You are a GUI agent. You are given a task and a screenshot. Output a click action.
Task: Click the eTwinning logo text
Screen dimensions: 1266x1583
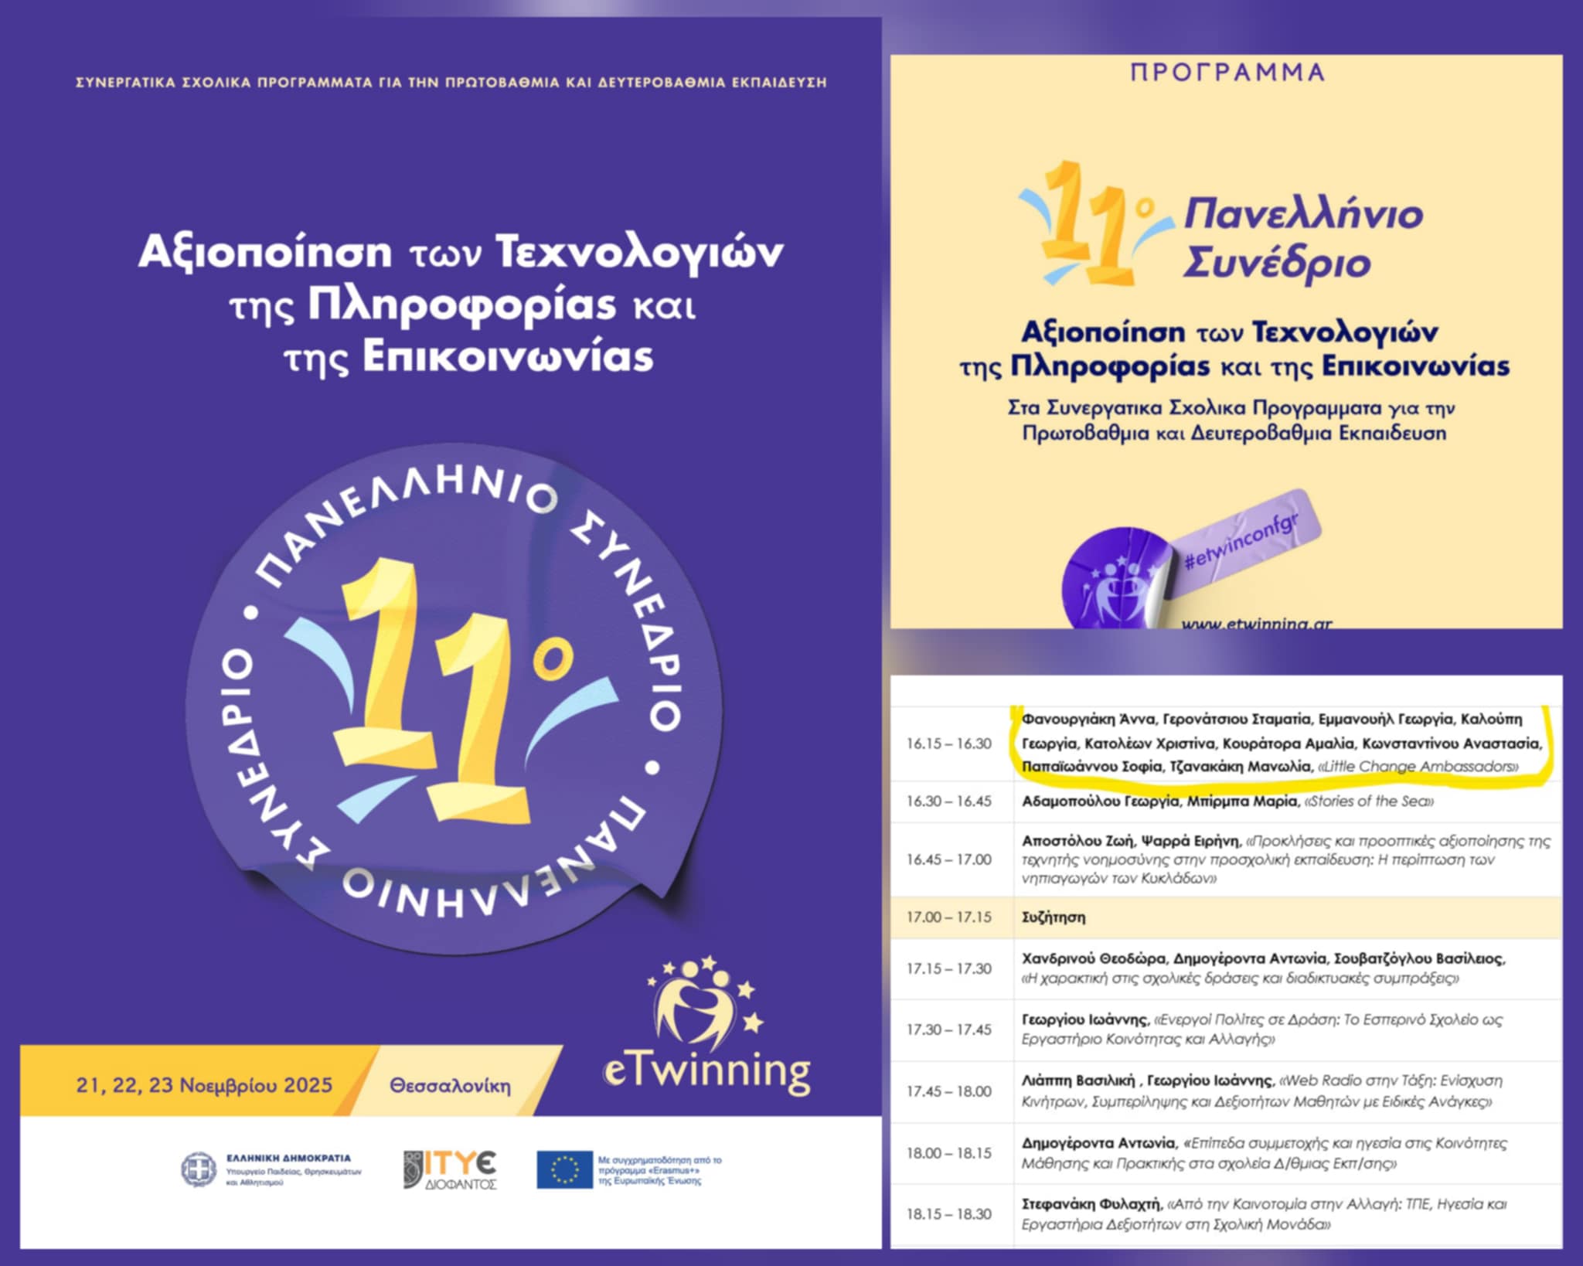pos(706,1072)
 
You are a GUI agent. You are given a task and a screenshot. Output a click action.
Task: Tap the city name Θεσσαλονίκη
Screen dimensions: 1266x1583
pos(450,1086)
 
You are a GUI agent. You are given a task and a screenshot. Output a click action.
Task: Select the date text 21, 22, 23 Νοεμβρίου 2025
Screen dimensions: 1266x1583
pos(204,1085)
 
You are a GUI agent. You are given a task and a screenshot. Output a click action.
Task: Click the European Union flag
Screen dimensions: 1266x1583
pos(564,1169)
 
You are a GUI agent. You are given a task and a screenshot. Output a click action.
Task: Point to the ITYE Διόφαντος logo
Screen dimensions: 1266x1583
pos(451,1169)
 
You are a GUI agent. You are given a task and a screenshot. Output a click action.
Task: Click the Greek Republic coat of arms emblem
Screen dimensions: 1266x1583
pos(199,1169)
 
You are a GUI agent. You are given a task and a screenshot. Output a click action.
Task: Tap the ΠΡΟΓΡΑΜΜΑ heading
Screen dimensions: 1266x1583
pos(1227,73)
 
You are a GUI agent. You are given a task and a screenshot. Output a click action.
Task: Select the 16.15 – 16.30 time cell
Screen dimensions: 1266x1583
pos(948,744)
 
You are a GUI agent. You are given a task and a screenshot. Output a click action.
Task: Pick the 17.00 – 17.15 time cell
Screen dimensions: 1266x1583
pos(948,917)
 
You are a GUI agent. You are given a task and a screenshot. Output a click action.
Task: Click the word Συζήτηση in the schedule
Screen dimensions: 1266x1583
pos(1054,917)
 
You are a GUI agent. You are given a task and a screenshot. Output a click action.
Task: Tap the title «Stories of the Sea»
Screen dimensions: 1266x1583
pos(1369,801)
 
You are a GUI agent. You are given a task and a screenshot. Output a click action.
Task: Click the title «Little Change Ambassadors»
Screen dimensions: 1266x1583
pos(1418,767)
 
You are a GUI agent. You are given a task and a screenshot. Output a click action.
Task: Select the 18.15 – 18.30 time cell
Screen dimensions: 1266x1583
pos(948,1214)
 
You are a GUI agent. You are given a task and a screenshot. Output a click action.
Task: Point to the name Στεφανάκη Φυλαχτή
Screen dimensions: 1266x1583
pos(1091,1204)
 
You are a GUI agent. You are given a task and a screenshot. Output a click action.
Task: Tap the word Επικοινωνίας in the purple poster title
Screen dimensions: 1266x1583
pos(508,357)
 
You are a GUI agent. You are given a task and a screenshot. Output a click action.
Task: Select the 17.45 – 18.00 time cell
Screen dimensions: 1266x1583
pos(948,1091)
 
